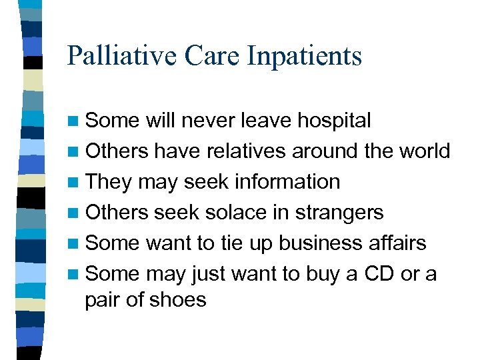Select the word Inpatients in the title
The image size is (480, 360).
(304, 57)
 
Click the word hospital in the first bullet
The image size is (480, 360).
(334, 121)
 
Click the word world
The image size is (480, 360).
(427, 151)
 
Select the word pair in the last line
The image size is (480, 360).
(101, 301)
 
